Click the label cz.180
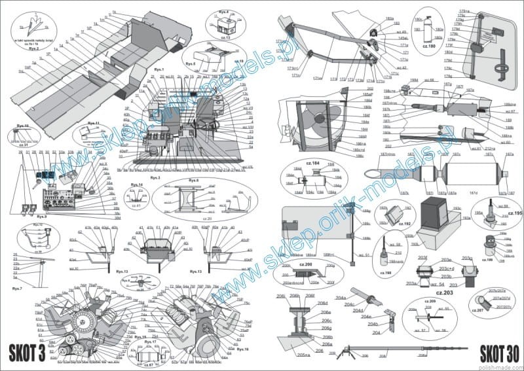pos(429,46)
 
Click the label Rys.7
pos(17,289)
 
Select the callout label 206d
pos(322,304)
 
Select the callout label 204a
pos(341,298)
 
